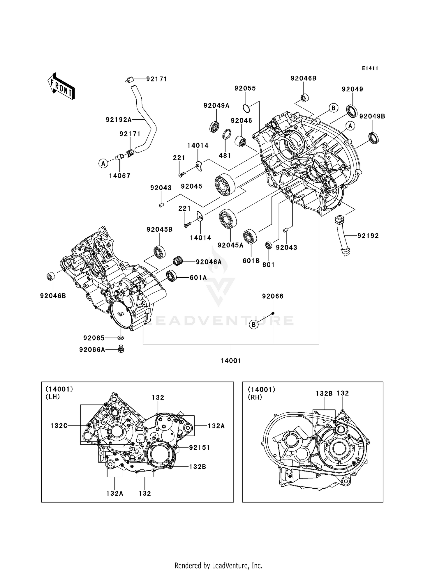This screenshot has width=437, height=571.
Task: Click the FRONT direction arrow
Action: tap(61, 86)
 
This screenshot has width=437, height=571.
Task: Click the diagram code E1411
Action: tap(370, 68)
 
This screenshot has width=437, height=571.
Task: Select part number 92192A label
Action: tap(119, 120)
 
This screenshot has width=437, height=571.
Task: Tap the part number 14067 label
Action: tap(119, 176)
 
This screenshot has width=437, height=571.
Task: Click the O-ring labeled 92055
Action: tap(246, 108)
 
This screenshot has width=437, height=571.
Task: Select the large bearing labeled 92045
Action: tap(225, 184)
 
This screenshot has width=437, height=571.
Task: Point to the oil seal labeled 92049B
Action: tap(374, 138)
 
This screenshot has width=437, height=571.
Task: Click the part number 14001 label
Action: tap(231, 361)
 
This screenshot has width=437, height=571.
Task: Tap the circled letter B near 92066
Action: tap(254, 324)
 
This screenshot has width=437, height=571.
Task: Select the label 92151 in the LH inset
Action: tap(199, 448)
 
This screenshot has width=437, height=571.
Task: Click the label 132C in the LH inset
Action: tap(59, 426)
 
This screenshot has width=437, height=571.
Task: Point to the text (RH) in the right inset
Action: tap(255, 397)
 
